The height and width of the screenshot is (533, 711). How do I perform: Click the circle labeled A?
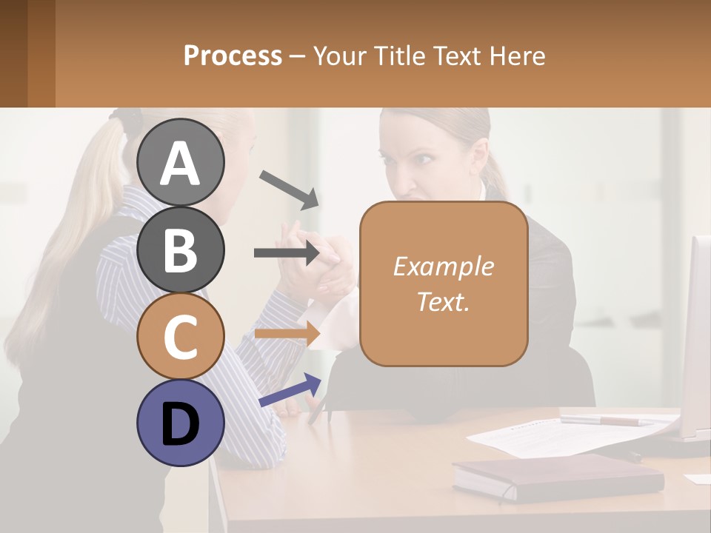[181, 162]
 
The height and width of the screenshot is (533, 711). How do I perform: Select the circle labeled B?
[181, 249]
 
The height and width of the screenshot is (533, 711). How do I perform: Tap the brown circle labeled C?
[181, 337]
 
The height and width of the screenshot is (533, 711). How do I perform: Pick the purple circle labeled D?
[181, 423]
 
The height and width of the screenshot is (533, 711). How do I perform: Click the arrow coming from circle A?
[289, 189]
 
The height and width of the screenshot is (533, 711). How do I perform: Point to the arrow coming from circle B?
[287, 253]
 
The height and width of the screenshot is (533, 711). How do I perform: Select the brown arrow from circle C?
[287, 333]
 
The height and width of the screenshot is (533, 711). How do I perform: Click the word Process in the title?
[233, 56]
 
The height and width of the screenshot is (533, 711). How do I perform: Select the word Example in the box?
[443, 266]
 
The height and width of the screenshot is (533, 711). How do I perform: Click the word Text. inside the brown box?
[443, 301]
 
